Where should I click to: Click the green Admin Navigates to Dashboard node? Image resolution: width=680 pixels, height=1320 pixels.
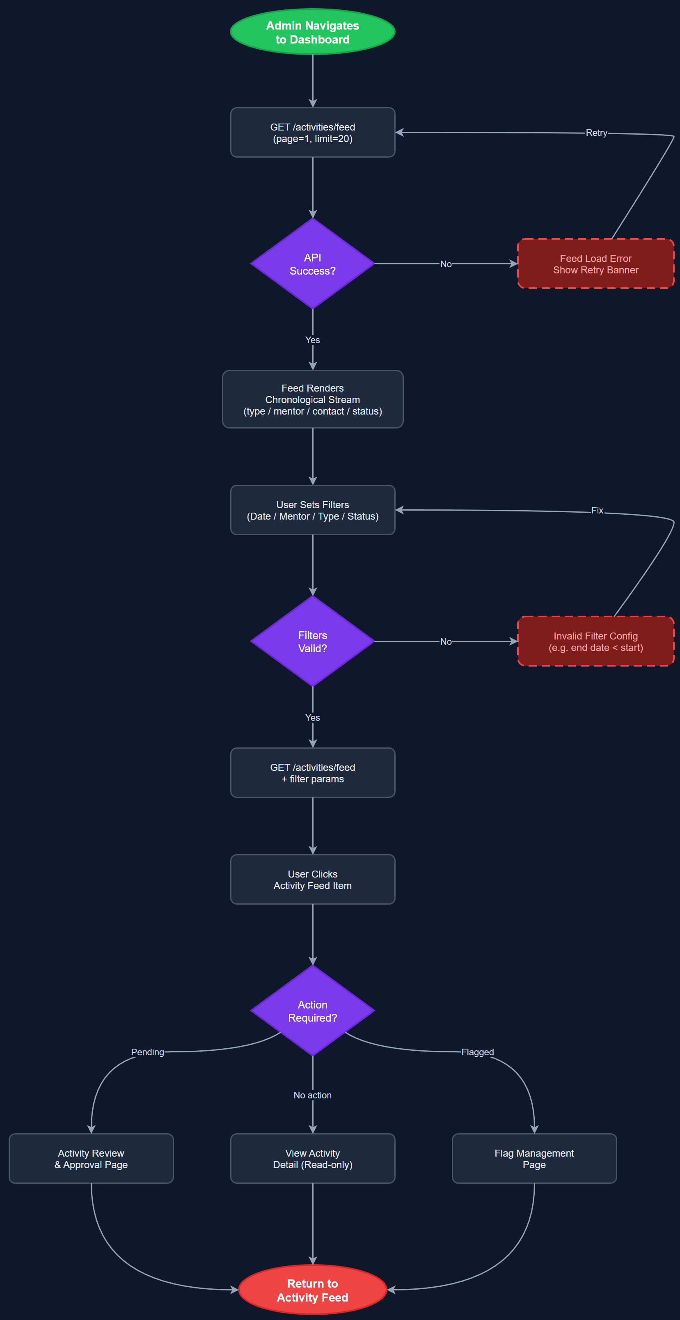(313, 32)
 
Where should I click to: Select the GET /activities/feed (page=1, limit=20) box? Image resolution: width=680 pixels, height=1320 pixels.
(313, 133)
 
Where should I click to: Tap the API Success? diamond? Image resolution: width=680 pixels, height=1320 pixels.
(313, 264)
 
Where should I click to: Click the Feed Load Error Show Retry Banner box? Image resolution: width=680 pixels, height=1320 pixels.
(595, 264)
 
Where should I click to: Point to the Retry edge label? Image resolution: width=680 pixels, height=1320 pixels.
(596, 133)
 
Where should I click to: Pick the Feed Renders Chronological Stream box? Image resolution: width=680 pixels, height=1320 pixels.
(313, 399)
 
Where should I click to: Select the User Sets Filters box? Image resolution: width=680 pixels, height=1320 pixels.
(313, 510)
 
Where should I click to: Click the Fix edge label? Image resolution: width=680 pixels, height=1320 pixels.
(597, 510)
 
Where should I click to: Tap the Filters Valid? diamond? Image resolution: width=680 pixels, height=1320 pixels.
(313, 642)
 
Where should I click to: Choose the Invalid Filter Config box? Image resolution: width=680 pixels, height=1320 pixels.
(595, 642)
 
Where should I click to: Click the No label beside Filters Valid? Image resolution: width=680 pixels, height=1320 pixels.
(446, 642)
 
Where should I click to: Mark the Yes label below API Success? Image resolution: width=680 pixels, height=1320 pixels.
(313, 340)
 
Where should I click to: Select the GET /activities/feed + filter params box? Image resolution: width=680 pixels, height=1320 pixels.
(313, 773)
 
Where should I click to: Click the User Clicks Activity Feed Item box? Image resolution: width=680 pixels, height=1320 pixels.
(313, 879)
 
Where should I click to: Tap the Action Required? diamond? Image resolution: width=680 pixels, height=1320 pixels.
(313, 1011)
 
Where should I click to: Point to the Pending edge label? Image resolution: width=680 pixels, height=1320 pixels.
(148, 1052)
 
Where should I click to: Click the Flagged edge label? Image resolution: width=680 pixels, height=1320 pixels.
(478, 1052)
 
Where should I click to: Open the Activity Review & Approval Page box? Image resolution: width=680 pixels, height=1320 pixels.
(91, 1159)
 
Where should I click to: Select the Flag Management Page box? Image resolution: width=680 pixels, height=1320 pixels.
(534, 1159)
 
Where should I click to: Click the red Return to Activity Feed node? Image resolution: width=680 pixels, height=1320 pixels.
(313, 1290)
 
